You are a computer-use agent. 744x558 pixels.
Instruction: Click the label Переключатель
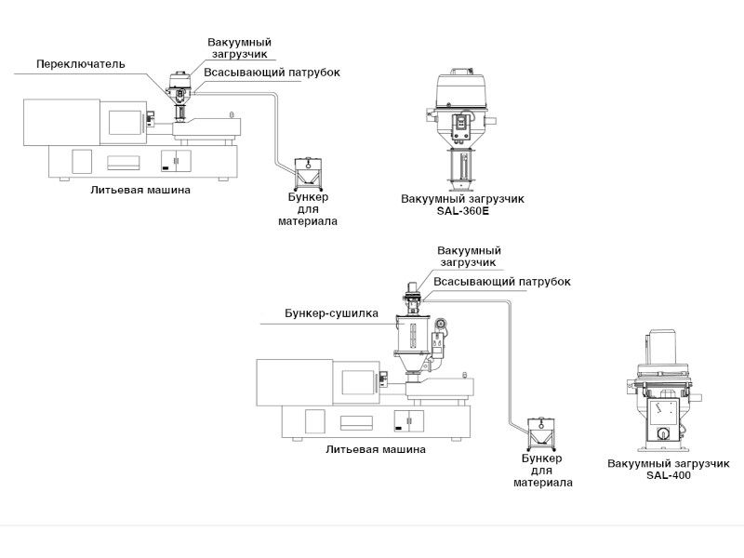tap(81, 64)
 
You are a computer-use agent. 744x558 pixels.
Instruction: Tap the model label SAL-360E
tap(462, 211)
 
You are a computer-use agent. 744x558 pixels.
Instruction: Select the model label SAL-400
tap(669, 474)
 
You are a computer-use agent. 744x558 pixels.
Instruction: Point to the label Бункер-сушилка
tap(331, 313)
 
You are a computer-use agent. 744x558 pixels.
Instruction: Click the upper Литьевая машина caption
tap(140, 190)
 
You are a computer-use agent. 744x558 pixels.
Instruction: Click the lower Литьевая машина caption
tap(376, 449)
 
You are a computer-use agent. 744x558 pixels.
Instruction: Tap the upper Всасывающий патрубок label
tap(272, 73)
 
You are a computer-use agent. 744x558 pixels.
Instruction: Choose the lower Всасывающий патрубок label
tap(502, 282)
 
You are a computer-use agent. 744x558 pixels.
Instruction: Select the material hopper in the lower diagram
tap(541, 433)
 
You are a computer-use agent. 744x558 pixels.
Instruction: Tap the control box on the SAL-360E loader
tap(460, 127)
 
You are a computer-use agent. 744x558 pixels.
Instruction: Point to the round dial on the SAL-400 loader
tap(663, 433)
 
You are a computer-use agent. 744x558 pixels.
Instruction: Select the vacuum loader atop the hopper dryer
tap(413, 297)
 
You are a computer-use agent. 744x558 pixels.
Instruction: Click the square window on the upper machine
tap(125, 123)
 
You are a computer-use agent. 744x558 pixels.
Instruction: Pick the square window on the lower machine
tap(359, 382)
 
